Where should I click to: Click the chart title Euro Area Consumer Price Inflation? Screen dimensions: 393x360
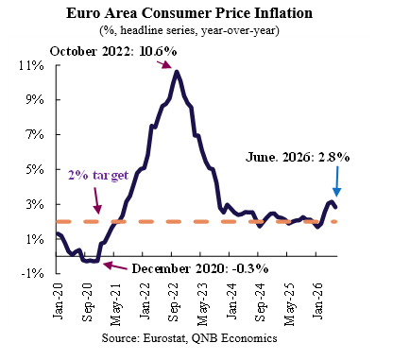point(189,13)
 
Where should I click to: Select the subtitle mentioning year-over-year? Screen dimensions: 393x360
point(189,30)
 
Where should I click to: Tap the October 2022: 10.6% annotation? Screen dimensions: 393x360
point(113,51)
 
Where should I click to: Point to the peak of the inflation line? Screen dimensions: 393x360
point(177,72)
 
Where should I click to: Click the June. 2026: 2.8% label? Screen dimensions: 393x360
point(298,157)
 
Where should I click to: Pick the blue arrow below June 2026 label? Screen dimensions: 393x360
point(336,181)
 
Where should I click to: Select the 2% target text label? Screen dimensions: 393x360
point(98,175)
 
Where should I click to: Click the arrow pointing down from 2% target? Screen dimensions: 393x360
point(97,201)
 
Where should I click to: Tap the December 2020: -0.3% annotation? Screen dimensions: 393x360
point(200,268)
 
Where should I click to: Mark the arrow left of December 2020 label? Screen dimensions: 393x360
point(115,266)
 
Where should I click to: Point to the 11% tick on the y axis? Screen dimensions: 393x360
point(31,65)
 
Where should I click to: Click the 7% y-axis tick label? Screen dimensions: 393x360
point(34,134)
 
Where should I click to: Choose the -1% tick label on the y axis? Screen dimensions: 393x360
point(32,273)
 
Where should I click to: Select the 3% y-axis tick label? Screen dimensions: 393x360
point(34,204)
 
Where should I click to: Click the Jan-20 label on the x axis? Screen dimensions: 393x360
point(58,300)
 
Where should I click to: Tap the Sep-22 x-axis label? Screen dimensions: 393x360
point(173,302)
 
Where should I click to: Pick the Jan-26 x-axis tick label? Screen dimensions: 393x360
point(317,300)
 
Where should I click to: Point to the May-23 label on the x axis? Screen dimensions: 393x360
point(202,304)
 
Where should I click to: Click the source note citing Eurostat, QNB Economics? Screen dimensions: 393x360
point(189,338)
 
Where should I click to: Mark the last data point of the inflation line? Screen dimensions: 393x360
point(335,207)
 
